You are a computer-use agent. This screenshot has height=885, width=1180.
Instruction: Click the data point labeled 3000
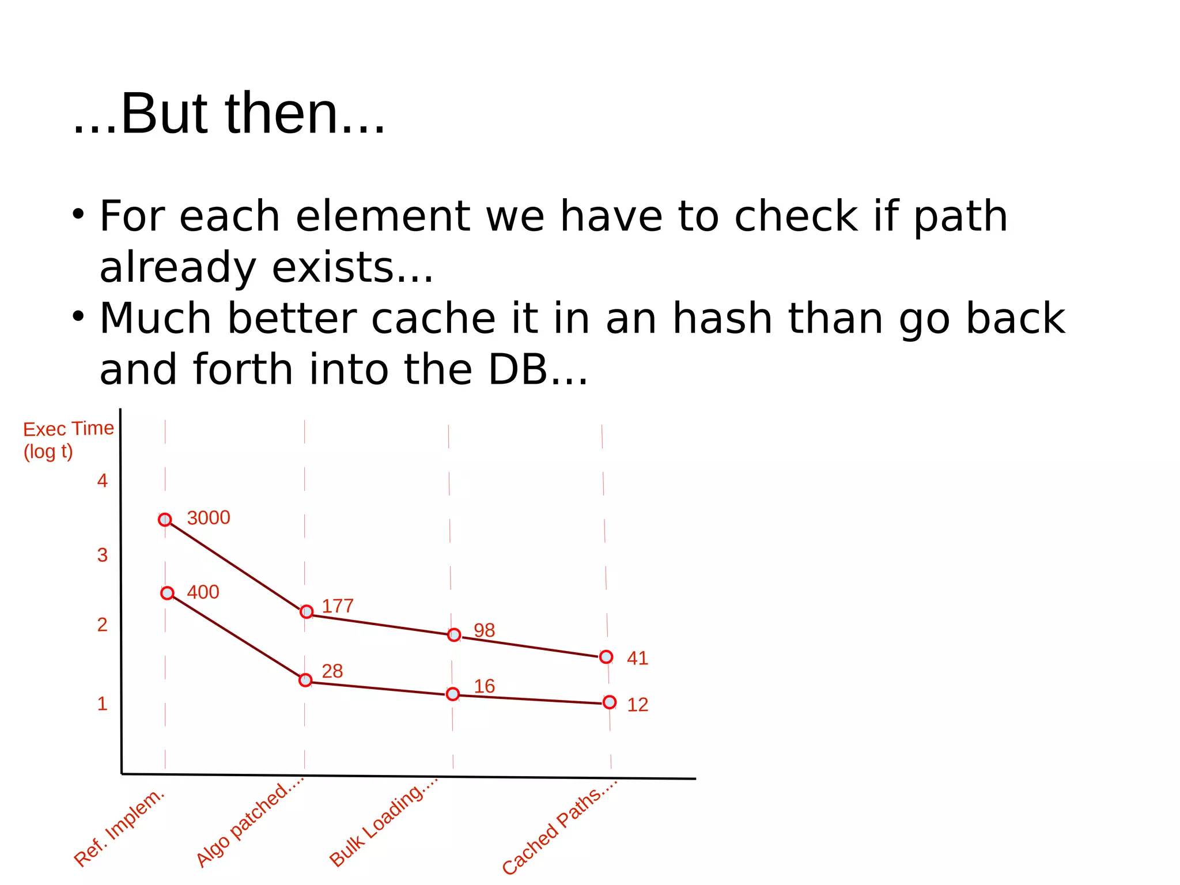click(165, 520)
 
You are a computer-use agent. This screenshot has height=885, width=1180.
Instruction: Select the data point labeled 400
click(167, 593)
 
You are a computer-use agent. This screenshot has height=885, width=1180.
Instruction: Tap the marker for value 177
click(307, 611)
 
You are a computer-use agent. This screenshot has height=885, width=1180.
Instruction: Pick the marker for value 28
click(305, 680)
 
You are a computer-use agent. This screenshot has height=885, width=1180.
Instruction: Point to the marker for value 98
click(454, 635)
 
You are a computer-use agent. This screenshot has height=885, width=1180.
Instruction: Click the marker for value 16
click(453, 694)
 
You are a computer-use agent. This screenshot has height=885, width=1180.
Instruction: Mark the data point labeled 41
click(606, 657)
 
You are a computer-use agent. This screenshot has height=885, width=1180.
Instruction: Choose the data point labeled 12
click(610, 702)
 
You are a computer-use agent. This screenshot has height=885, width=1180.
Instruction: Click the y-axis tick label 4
click(103, 481)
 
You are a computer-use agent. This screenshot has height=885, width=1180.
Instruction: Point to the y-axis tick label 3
click(103, 555)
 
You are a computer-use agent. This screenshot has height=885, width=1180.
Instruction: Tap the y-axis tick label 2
click(103, 625)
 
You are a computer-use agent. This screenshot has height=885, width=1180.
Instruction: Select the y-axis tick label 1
click(103, 704)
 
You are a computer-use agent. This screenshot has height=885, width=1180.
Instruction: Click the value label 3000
click(209, 518)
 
